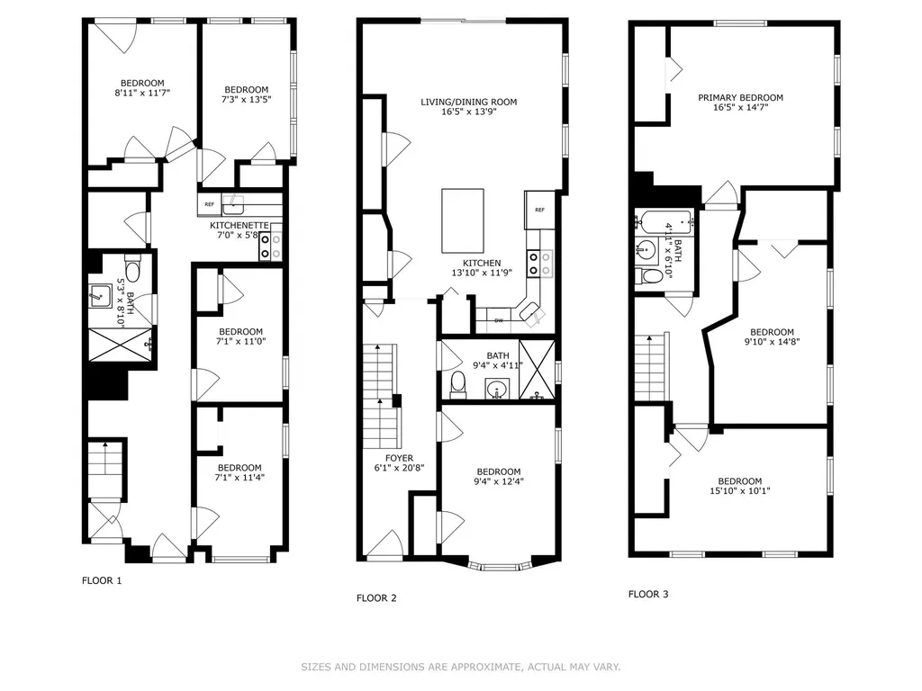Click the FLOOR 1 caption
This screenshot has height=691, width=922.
tap(102, 580)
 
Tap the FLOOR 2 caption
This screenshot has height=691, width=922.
tap(376, 598)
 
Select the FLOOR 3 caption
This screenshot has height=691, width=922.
tap(648, 594)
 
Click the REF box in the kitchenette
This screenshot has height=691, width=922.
tap(209, 204)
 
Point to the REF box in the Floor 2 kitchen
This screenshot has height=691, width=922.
tap(540, 210)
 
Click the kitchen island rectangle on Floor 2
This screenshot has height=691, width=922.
tap(463, 220)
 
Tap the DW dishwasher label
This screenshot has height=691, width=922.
tap(499, 320)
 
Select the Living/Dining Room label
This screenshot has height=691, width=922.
tap(468, 102)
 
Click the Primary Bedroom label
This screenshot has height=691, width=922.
tap(740, 97)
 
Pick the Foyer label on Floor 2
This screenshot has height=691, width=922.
tap(399, 458)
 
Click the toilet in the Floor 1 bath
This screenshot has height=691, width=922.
tap(133, 270)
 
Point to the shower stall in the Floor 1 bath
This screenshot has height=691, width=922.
tap(121, 345)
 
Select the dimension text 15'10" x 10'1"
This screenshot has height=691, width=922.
tap(740, 490)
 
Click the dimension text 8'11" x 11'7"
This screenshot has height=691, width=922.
tap(142, 93)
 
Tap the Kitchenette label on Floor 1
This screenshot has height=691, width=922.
tap(240, 226)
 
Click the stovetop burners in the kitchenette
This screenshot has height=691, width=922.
tap(270, 247)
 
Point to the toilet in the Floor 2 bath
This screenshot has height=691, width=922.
tap(457, 385)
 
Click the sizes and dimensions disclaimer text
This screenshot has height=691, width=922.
tap(461, 667)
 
